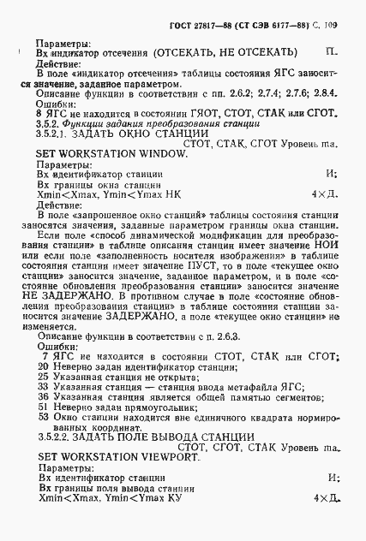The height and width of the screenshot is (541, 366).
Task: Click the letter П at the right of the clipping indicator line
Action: point(331,52)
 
